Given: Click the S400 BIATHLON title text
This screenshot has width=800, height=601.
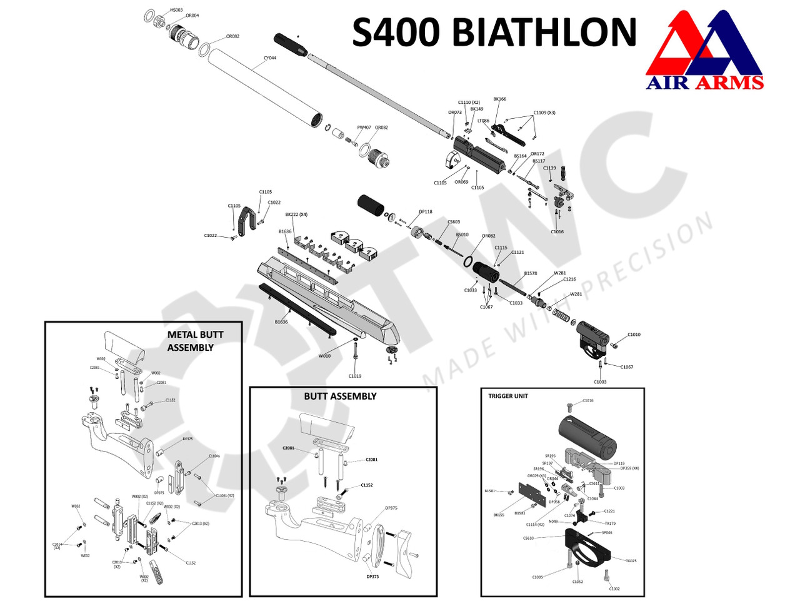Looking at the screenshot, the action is click(494, 33).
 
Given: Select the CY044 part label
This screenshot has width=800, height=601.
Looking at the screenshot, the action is click(269, 58).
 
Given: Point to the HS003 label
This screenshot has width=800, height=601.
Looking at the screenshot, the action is click(176, 10).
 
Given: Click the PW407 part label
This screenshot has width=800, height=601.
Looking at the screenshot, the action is click(364, 128).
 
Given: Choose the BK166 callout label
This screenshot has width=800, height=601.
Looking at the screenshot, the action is click(499, 99).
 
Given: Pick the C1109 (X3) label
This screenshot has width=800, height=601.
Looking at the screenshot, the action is click(544, 113).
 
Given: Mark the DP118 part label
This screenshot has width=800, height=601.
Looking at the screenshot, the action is click(425, 212).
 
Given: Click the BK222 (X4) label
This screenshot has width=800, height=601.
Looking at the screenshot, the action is click(296, 215).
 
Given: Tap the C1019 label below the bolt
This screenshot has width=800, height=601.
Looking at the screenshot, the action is click(354, 376).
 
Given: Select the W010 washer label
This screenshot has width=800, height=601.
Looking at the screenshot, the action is click(324, 356).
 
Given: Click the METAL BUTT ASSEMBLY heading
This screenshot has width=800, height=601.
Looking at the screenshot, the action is click(194, 341).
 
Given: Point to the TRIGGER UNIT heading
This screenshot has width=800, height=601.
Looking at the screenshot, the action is click(508, 396).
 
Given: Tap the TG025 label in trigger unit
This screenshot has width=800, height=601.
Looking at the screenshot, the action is click(631, 561).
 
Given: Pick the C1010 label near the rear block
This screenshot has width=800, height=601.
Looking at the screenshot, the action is click(634, 335).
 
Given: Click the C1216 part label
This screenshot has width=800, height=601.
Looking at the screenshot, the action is click(569, 280).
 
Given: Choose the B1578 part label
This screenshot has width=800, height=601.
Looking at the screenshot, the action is click(530, 273).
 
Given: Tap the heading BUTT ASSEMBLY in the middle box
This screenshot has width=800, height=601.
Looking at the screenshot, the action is click(340, 396).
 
